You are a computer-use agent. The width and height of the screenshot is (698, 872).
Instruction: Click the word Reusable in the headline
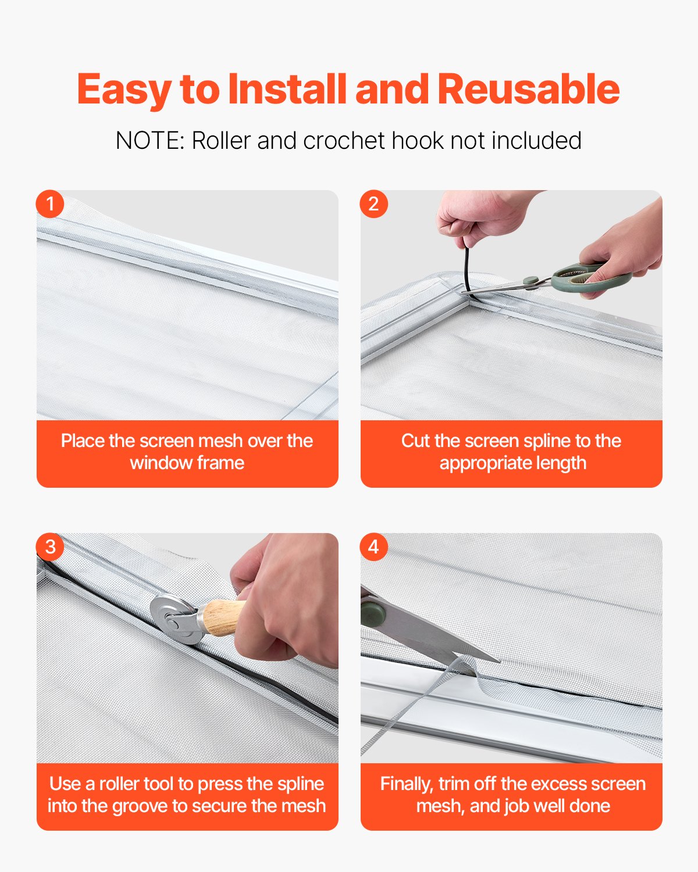(x=529, y=89)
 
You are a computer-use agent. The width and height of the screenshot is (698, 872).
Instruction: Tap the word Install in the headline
(x=287, y=89)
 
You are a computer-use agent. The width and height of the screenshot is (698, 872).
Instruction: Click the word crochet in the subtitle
(x=344, y=141)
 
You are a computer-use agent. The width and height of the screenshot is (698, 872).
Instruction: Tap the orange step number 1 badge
(x=50, y=204)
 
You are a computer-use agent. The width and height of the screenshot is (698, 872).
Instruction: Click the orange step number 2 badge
(x=373, y=204)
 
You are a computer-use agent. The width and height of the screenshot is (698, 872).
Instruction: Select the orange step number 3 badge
(x=50, y=546)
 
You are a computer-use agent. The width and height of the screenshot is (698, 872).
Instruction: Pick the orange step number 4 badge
(x=373, y=546)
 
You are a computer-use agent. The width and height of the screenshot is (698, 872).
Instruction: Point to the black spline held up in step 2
(x=466, y=270)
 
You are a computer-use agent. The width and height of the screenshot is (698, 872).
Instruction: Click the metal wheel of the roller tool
(x=175, y=619)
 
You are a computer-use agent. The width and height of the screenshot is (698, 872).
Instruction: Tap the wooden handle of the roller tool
(x=222, y=617)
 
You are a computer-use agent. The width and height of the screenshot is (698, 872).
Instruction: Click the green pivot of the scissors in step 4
(x=372, y=614)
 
